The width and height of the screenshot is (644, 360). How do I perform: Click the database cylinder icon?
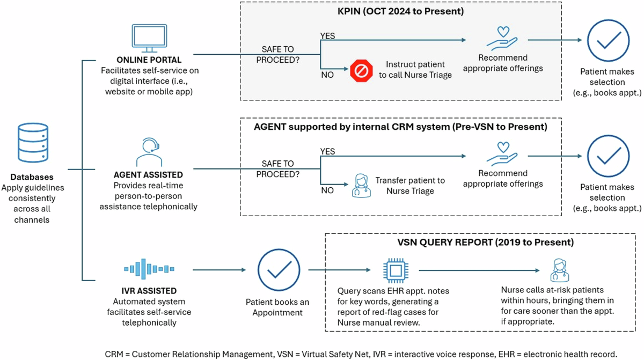33,143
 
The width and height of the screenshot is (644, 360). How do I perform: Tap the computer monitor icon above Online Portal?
149,38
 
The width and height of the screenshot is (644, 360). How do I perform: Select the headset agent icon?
149,152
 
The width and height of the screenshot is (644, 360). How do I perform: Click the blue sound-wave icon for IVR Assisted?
149,269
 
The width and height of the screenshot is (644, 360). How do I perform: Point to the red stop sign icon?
361,71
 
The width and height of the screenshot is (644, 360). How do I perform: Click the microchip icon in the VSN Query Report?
396,270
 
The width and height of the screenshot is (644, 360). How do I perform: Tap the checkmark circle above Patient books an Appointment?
279,270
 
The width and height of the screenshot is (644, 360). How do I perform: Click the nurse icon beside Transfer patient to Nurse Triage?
361,185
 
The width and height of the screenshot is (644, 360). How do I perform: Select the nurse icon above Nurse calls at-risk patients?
559,270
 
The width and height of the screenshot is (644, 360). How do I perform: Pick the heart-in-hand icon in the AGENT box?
502,154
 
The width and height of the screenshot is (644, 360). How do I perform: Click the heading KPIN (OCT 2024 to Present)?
400,11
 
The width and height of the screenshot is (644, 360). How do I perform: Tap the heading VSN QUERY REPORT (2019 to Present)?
485,242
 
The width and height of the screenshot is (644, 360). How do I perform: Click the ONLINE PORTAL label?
149,60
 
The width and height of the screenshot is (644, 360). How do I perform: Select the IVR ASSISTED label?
149,291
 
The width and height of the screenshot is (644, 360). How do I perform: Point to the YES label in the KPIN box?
327,36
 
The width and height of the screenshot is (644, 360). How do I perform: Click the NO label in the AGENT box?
327,190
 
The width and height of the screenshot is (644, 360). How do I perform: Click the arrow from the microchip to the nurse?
479,270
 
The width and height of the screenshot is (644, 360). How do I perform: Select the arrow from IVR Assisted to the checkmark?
219,270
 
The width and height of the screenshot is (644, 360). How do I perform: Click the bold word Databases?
32,177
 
